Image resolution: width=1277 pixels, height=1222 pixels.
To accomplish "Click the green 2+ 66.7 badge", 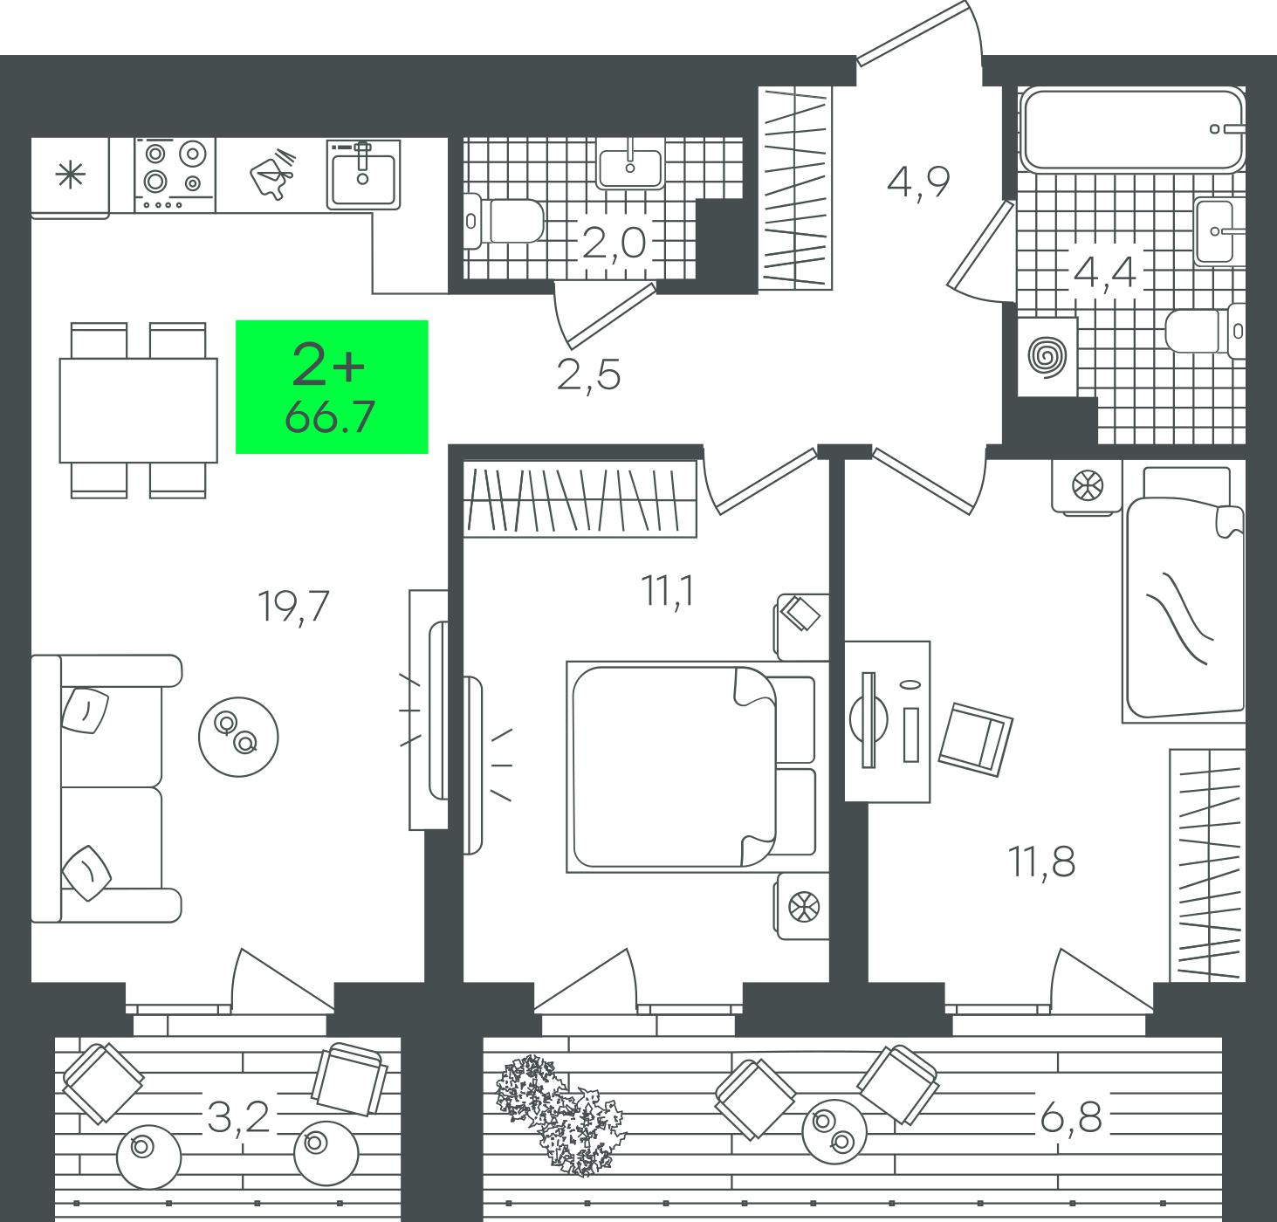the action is (332, 387).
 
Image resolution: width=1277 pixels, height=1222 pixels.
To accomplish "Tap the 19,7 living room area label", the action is (292, 607).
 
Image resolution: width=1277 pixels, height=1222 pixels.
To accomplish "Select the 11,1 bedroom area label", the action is (668, 591).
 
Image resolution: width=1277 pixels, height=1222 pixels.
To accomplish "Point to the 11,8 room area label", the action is (1042, 862).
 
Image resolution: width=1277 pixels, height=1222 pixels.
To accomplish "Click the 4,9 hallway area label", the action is (918, 182).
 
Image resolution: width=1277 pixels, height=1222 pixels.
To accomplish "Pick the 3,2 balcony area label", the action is (238, 1118).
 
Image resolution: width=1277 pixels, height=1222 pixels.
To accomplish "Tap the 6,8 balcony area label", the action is (1071, 1118).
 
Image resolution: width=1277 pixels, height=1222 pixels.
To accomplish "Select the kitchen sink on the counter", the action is (363, 174).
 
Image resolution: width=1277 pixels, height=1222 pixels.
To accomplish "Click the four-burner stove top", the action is (175, 175).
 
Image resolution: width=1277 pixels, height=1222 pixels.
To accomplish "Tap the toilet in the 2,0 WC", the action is (504, 221).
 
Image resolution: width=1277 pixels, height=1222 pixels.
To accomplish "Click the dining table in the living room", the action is (139, 410).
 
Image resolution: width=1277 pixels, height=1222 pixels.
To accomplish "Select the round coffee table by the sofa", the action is (238, 737).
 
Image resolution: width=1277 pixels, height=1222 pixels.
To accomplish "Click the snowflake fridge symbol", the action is (71, 175).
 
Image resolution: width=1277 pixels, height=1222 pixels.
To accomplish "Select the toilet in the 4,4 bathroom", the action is (1205, 331).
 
